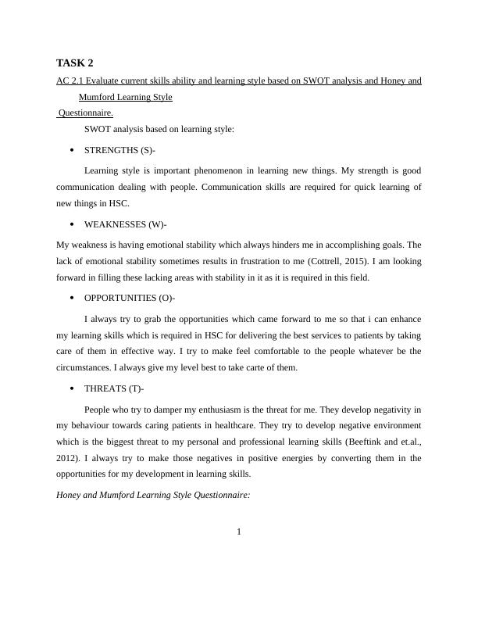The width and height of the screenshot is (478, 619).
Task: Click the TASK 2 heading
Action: (75, 63)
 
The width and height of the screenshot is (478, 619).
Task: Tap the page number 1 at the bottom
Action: (239, 532)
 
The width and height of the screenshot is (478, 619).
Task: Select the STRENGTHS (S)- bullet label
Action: (120, 149)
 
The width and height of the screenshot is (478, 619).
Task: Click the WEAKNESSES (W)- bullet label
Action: (126, 224)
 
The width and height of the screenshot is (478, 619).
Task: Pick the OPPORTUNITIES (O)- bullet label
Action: (130, 299)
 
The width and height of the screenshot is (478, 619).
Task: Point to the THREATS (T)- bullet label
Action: (114, 388)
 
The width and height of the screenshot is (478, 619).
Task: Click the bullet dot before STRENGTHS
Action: (71, 149)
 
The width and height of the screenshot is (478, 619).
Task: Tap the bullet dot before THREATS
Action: (71, 388)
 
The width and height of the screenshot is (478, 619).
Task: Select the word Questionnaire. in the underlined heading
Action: (85, 113)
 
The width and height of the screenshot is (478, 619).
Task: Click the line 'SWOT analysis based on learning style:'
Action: (159, 129)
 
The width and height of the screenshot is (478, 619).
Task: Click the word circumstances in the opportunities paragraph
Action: (85, 367)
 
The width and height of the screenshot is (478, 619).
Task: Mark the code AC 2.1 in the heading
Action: (70, 81)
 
